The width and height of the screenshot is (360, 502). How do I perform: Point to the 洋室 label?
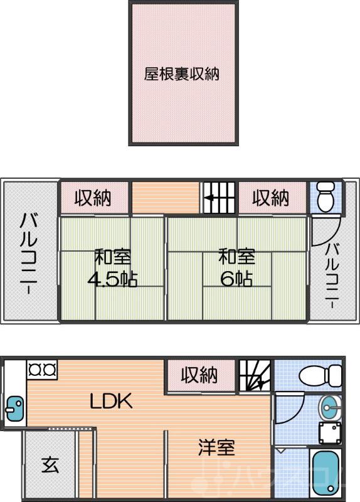pos(217,448)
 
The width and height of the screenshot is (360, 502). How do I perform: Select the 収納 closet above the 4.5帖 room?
pos(93,198)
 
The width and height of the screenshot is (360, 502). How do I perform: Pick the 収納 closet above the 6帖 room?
pos(271,198)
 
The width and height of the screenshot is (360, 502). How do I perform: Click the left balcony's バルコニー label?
pos(27,254)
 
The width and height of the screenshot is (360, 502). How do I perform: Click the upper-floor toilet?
pos(326,198)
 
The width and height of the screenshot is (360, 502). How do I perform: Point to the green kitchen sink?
pos(13,409)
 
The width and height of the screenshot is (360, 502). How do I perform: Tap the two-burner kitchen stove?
pos(42,368)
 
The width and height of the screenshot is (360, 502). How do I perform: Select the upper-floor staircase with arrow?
pos(218,198)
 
